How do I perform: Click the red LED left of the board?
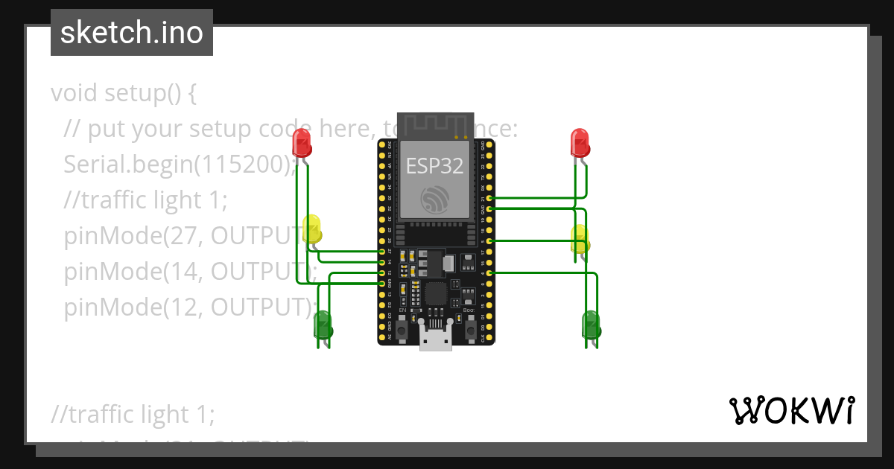tap(302, 141)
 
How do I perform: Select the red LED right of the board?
tap(580, 141)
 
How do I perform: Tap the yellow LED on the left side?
tap(312, 229)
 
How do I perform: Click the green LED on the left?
tap(323, 325)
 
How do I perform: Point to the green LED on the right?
tap(590, 325)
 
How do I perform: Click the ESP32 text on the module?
tap(434, 166)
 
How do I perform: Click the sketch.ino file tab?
tap(132, 33)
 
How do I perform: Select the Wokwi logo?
tap(790, 410)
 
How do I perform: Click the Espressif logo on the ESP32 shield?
tap(435, 200)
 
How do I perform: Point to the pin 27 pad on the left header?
tap(382, 252)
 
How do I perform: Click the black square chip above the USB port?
tap(437, 292)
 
